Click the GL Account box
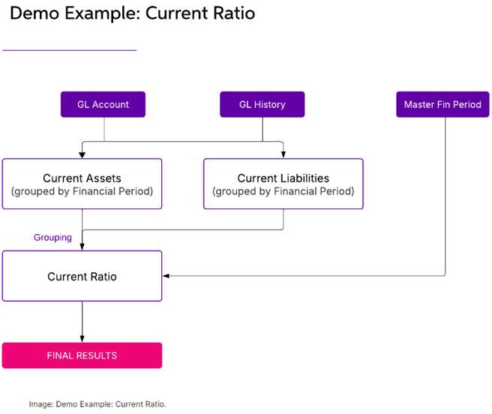coord(103,104)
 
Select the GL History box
coord(262,104)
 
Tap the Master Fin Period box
coord(442,104)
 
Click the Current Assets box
coord(82,184)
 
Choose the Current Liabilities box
coord(283,184)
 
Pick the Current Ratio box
coord(82,276)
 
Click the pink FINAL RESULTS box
coord(82,355)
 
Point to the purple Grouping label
coord(52,238)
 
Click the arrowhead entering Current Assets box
coord(82,155)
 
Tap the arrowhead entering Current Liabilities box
coord(283,154)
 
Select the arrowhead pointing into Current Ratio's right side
coord(166,276)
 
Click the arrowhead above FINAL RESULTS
coord(82,339)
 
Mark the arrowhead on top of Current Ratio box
coord(82,247)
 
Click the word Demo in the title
coord(34,13)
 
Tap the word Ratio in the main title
coord(234,13)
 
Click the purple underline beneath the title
coord(69,50)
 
